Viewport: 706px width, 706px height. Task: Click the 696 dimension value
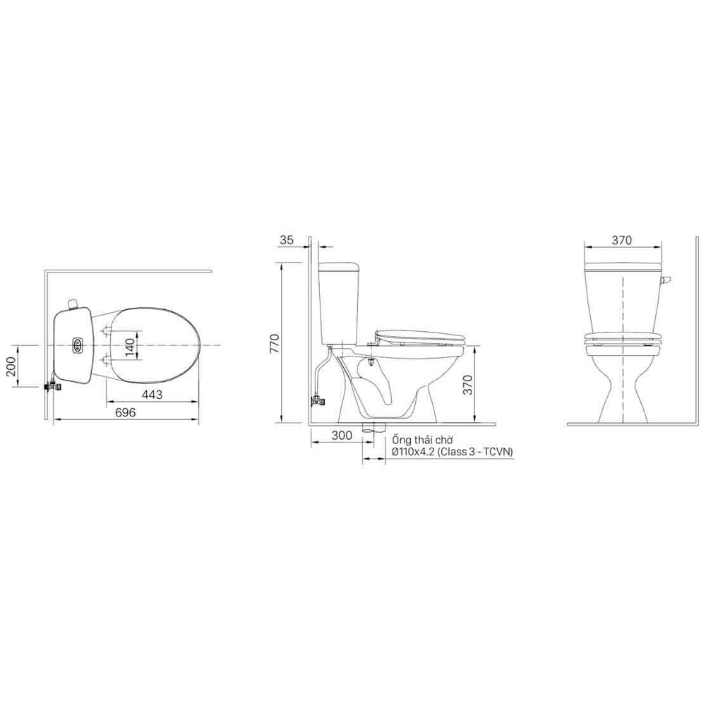125,412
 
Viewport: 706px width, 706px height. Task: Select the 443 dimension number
152,395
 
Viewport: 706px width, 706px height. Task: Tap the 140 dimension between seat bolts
129,347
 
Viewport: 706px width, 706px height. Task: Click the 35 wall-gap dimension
287,239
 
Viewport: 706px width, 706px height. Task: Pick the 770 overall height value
275,343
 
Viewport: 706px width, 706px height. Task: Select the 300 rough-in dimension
342,436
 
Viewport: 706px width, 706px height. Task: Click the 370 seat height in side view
468,384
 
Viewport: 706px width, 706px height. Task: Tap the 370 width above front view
621,240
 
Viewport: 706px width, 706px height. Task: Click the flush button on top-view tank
78,345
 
